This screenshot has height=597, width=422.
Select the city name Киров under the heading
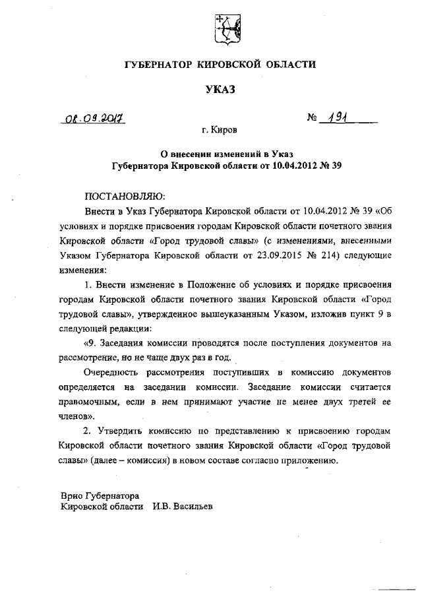pyautogui.click(x=226, y=131)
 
